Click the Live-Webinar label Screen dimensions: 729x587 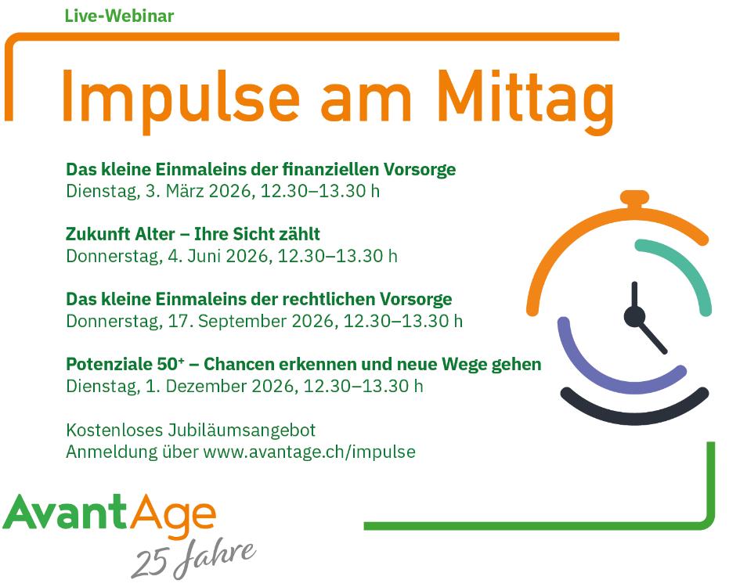119,16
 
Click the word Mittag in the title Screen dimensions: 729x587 525,101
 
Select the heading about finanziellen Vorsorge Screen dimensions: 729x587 261,169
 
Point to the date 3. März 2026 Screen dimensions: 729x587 199,191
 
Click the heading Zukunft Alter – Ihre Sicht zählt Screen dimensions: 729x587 193,234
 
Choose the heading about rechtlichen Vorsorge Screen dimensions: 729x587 259,299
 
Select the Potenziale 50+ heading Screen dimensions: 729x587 304,364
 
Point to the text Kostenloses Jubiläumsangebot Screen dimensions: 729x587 190,430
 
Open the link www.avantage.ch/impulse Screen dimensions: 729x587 309,452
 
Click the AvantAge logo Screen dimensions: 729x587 110,515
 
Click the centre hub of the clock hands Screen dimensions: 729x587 634,317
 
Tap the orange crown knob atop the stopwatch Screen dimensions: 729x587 634,198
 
